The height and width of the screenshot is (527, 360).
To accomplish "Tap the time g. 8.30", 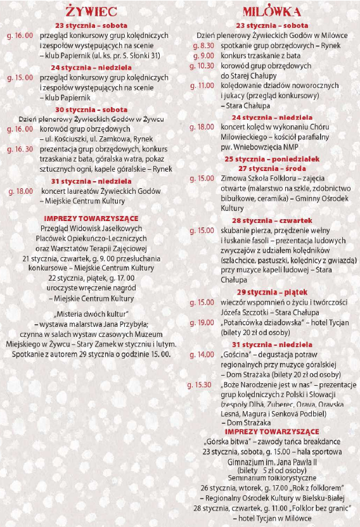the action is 203,46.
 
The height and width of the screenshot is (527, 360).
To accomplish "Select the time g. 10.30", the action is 203,65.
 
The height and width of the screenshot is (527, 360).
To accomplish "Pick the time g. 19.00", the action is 203,322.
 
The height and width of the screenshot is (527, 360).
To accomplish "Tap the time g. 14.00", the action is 203,354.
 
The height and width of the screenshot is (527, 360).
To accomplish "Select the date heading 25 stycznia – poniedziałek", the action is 272,158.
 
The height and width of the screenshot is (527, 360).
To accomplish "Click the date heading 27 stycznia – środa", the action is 272,168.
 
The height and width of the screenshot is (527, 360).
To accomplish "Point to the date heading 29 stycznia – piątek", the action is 272,292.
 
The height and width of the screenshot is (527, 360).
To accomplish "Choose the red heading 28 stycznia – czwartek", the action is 272,220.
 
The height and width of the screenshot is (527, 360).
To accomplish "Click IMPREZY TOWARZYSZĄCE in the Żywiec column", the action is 91,219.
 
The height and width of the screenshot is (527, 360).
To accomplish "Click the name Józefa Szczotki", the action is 243,312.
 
